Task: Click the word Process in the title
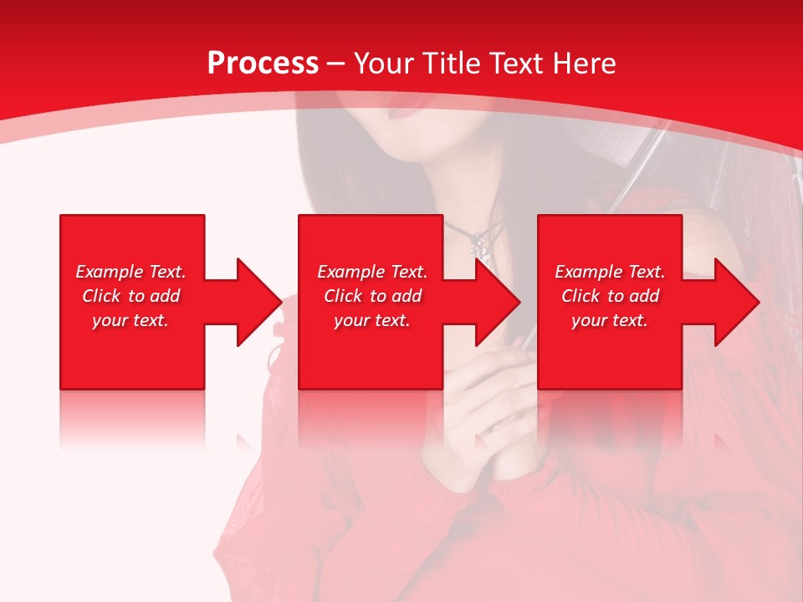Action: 263,64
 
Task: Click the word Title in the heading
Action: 450,64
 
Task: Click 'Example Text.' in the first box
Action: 130,272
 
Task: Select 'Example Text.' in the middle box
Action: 372,272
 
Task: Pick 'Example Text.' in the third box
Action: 610,272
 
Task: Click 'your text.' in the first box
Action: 130,320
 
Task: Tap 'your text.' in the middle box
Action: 372,320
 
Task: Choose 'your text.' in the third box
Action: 610,320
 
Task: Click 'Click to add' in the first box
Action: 130,296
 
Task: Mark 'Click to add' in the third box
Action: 610,296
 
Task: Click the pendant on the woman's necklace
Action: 478,246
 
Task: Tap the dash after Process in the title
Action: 335,64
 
